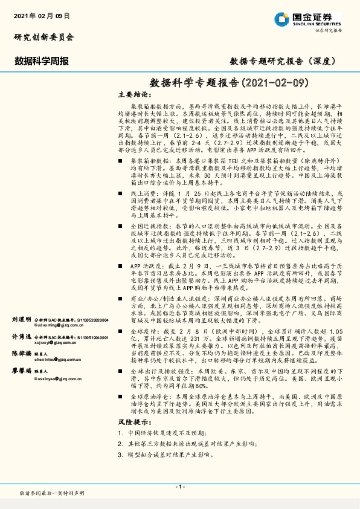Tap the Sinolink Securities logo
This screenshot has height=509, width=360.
(309, 19)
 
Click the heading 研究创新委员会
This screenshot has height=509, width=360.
(44, 37)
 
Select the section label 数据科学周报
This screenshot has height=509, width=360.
(41, 60)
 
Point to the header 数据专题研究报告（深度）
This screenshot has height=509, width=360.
(282, 60)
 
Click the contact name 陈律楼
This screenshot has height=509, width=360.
(21, 353)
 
